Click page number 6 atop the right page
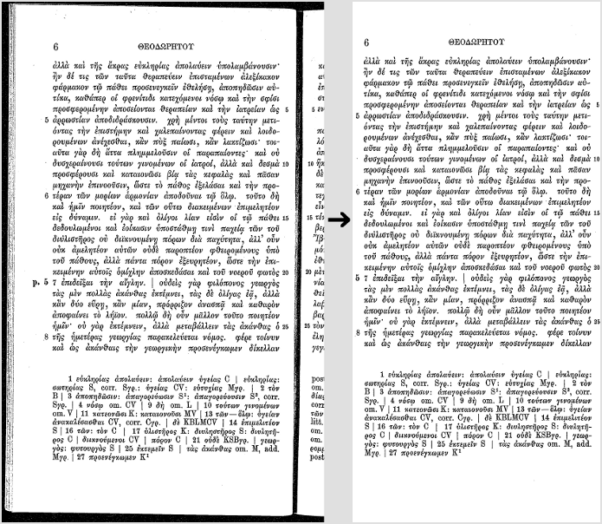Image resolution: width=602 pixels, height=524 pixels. [366, 42]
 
